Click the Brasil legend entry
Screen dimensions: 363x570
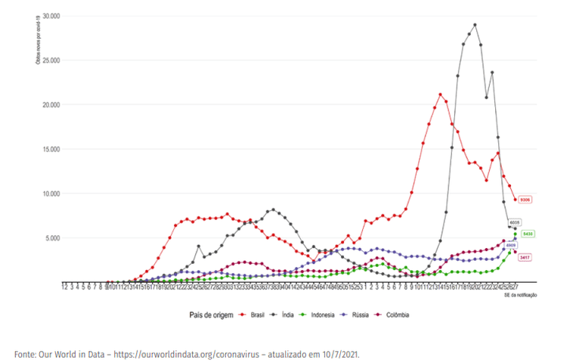[256, 314]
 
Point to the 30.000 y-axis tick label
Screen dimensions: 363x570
[51, 16]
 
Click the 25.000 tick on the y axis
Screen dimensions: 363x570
[51, 60]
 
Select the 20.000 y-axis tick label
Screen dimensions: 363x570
[51, 105]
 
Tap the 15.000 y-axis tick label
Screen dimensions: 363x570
[51, 149]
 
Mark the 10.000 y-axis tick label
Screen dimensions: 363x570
[51, 194]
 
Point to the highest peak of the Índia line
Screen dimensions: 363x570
[475, 25]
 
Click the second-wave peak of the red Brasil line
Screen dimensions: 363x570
[440, 95]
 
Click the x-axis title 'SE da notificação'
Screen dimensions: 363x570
[519, 294]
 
